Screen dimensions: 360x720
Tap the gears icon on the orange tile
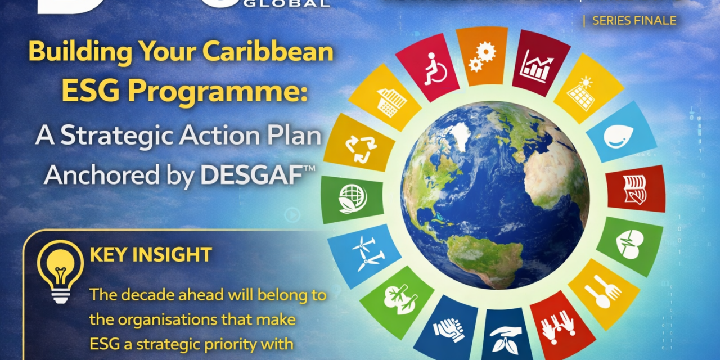click(x=482, y=56)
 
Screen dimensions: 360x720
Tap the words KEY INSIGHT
click(x=150, y=255)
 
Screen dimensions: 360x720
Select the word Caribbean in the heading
click(x=268, y=52)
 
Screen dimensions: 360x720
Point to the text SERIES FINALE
click(x=633, y=21)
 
